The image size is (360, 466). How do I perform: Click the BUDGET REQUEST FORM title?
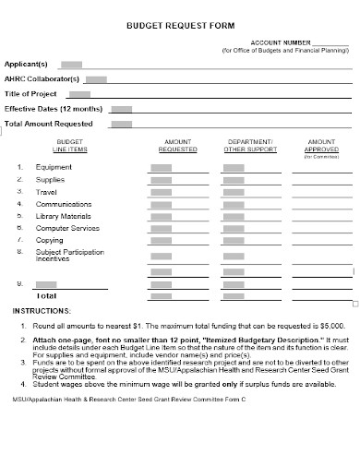coord(179,28)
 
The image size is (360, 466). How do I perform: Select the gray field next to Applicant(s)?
coord(71,65)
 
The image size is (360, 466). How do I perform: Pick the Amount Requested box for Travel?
coord(161,191)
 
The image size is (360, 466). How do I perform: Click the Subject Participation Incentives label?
coord(70,256)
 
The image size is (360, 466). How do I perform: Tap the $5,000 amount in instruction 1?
coord(330,326)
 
